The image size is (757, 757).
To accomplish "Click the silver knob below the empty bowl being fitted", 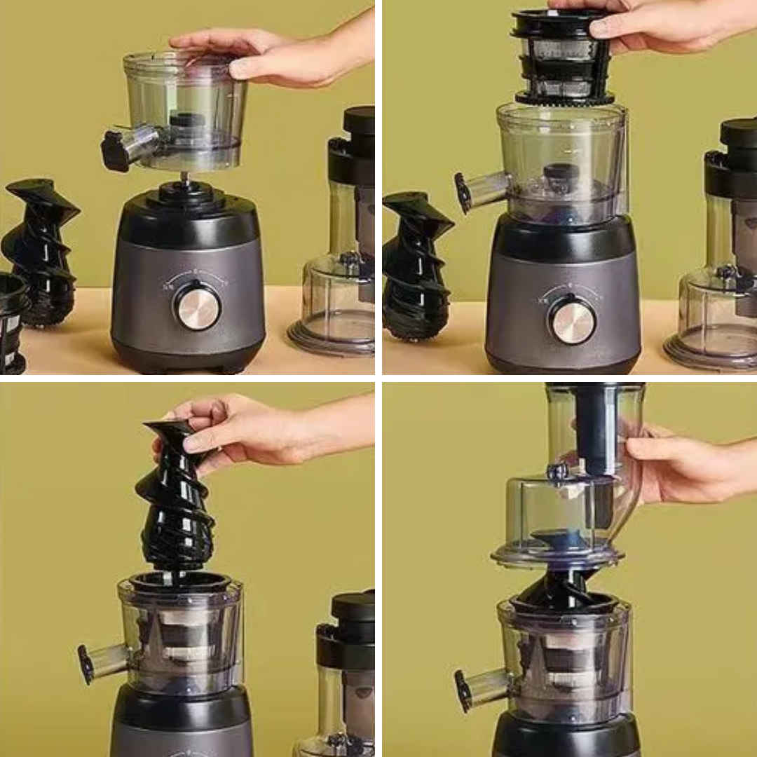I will click(x=197, y=306).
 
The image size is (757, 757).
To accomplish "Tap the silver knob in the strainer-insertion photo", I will click(x=572, y=320).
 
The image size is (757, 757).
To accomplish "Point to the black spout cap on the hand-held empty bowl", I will click(x=115, y=149).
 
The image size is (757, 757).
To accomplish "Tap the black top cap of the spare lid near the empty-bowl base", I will click(x=360, y=121).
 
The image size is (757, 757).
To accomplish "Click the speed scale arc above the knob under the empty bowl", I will click(x=197, y=275).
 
